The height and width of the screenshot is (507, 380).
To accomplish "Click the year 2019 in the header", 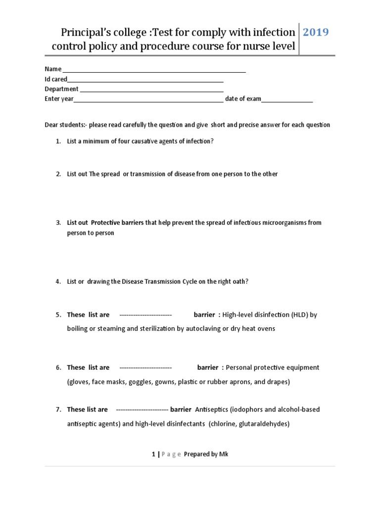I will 316,33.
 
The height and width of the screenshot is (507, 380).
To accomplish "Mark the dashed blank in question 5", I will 145,315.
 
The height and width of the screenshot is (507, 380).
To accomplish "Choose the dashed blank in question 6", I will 145,368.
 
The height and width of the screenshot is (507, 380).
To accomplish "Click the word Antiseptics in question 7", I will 212,409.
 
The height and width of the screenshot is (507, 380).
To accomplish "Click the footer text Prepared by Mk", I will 206,454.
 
